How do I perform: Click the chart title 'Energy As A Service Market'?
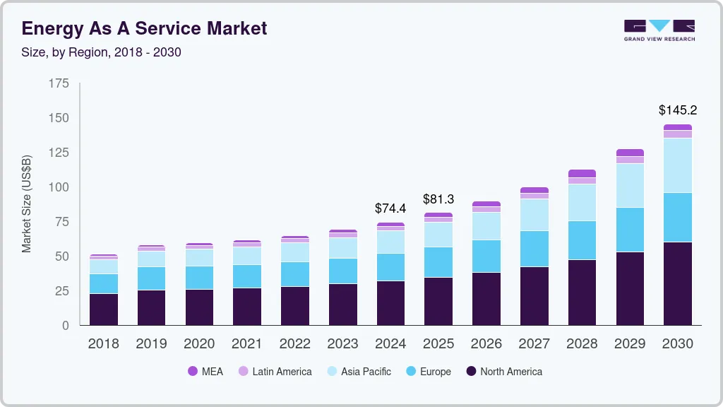point(144,29)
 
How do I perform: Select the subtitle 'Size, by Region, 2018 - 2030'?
point(101,52)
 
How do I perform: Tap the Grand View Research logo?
point(659,30)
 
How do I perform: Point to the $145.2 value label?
point(677,110)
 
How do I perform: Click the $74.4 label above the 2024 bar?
point(390,208)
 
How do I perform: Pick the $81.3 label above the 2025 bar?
point(438,199)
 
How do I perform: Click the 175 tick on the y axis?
point(59,83)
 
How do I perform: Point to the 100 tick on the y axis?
point(59,187)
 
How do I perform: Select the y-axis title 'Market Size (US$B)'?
point(27,203)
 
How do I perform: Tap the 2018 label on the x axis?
point(103,344)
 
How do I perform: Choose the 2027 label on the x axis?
point(534,344)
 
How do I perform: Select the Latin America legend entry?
point(275,372)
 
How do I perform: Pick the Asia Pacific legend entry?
point(358,372)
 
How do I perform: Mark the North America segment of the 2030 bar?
point(677,283)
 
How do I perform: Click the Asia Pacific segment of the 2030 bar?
point(677,165)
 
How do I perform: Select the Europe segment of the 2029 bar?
point(630,230)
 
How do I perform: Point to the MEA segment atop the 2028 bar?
point(582,173)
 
